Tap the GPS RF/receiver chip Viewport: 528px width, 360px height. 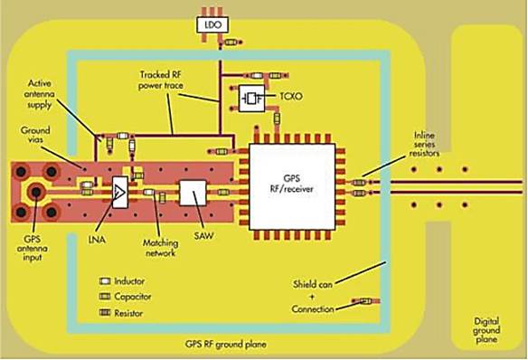click(291, 185)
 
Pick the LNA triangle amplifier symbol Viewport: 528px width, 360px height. click(119, 193)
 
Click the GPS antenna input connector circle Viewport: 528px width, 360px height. click(37, 192)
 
